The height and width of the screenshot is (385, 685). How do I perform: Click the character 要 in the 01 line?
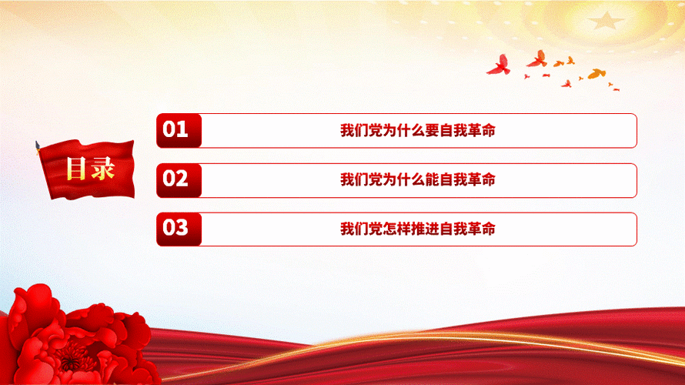tap(431, 131)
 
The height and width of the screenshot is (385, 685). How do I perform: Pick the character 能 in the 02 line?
tap(431, 180)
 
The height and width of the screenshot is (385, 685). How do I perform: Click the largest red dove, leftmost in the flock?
tap(499, 65)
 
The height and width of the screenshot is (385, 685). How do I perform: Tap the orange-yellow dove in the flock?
tap(596, 74)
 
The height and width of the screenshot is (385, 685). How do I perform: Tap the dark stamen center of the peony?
tap(74, 356)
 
